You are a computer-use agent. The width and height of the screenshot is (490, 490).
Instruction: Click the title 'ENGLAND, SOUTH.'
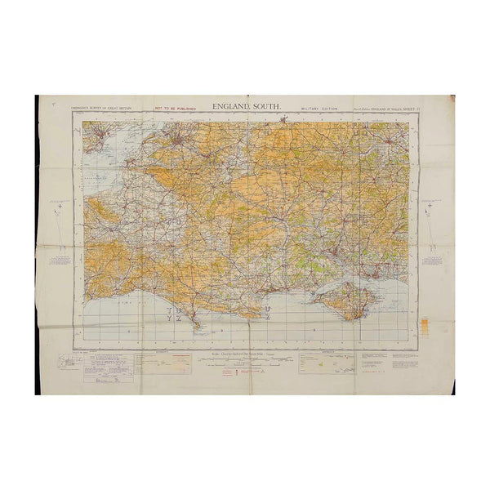point(245,105)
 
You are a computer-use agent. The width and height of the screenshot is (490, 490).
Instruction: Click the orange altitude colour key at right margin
point(424,323)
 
